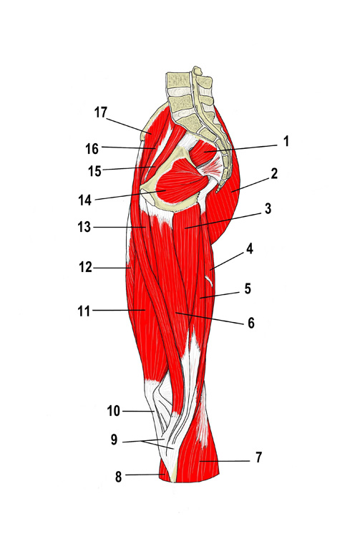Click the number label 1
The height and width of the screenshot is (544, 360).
[x=286, y=141]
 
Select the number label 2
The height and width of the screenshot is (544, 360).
[x=274, y=174]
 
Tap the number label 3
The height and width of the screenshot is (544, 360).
[x=268, y=209]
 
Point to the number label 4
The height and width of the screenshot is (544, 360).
[x=250, y=249]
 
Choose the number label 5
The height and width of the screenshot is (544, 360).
[x=248, y=288]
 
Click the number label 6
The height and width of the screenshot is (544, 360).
[x=251, y=323]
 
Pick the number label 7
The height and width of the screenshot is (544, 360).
[x=258, y=457]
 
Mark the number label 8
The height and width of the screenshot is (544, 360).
[x=118, y=477]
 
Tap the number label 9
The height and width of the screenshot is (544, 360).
[x=114, y=440]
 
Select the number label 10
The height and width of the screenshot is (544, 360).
[x=113, y=411]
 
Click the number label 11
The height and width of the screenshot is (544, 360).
[x=84, y=311]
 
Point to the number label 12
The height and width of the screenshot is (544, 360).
[x=85, y=268]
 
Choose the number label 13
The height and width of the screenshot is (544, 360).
[x=84, y=227]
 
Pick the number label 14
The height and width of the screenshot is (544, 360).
[x=84, y=200]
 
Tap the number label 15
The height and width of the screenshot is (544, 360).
[x=94, y=171]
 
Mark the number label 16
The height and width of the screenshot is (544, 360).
[x=92, y=149]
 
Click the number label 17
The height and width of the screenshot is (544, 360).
[x=101, y=112]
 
